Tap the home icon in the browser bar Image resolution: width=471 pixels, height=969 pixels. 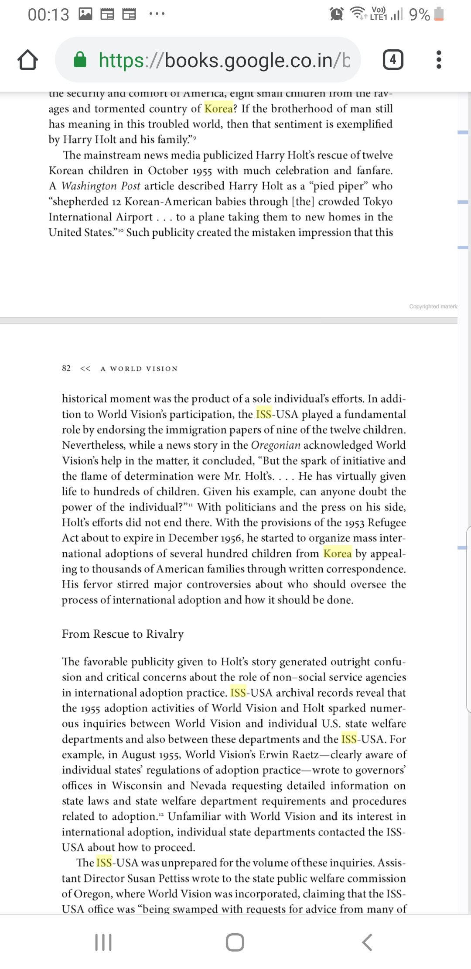click(x=27, y=60)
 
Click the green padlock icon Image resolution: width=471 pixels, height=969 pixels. click(x=80, y=60)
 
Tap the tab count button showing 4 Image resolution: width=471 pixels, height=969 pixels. click(x=393, y=60)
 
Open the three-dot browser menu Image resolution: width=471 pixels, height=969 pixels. click(x=439, y=60)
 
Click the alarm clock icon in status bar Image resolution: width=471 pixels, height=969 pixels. click(x=336, y=14)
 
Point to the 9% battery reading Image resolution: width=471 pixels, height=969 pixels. click(x=420, y=14)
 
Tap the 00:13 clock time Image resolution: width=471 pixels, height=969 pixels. click(x=48, y=14)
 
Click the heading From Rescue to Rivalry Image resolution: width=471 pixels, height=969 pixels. click(x=123, y=634)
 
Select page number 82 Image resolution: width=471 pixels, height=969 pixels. click(x=66, y=368)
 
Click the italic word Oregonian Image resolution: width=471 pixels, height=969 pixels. click(x=276, y=445)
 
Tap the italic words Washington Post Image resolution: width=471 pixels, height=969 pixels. click(x=100, y=186)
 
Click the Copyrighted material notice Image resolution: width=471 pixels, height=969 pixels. click(x=433, y=306)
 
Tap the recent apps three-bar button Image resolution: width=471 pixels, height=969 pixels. click(x=103, y=942)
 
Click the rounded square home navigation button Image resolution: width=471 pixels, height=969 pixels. click(x=235, y=942)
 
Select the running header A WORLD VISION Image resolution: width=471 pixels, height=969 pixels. click(x=139, y=368)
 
